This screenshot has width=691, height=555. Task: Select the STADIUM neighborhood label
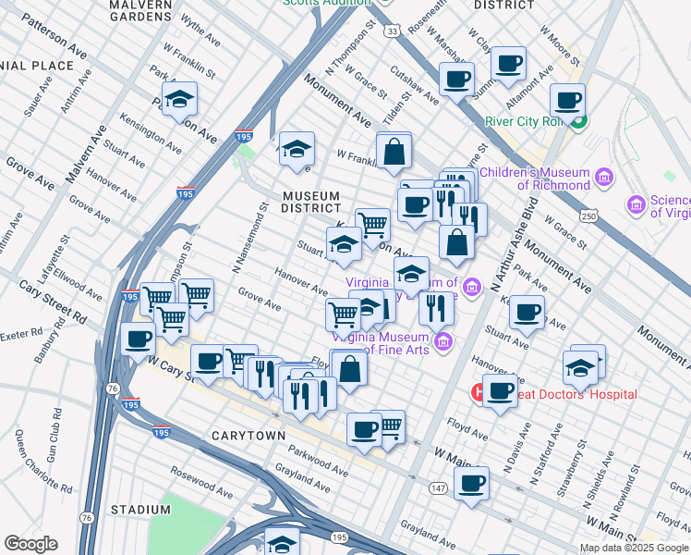click(x=141, y=510)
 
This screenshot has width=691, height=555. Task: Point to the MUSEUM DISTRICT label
click(x=312, y=202)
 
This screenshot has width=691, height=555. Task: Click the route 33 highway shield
click(x=394, y=31)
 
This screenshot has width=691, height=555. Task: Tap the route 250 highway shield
click(x=588, y=216)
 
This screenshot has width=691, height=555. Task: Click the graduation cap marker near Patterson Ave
click(x=180, y=100)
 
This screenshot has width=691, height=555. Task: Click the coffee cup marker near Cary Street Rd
click(x=139, y=339)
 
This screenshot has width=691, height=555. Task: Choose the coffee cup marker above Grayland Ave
click(x=471, y=483)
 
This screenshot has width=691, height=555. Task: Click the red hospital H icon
click(x=479, y=393)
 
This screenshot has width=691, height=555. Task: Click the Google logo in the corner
click(x=30, y=544)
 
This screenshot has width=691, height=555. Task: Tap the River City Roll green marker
click(x=578, y=120)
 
